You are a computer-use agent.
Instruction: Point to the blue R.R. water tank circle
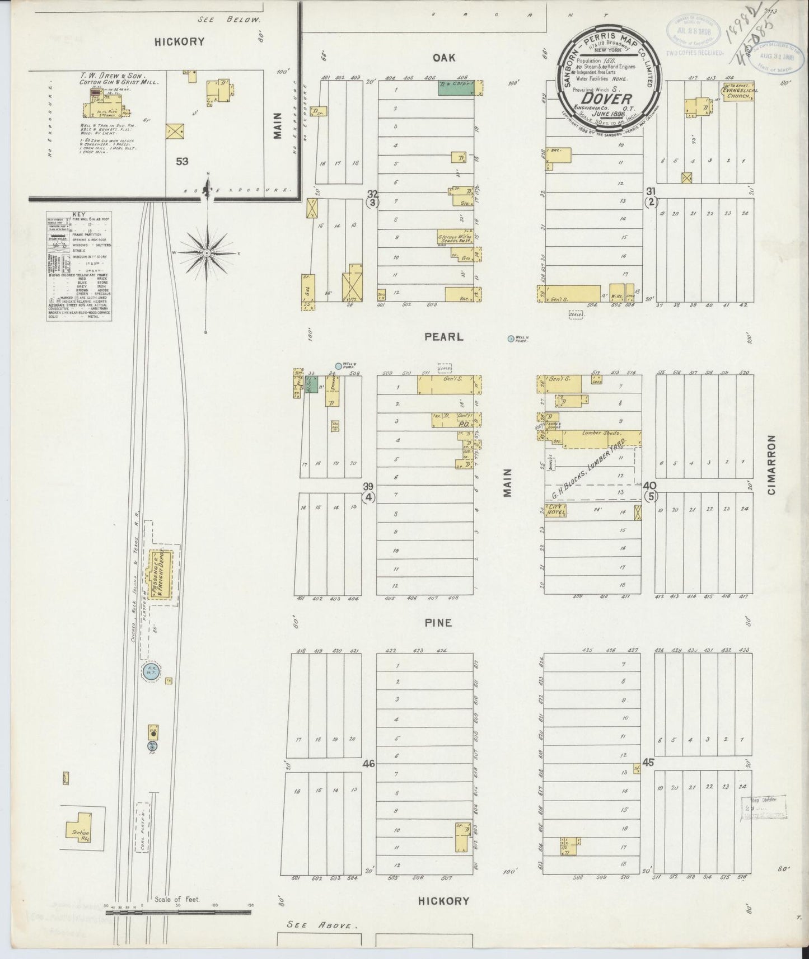149,672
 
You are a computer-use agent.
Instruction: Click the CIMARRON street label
773,466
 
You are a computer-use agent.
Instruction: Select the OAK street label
445,58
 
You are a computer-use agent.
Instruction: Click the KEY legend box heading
79,214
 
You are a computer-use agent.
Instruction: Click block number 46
368,763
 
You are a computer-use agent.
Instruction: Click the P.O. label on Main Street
462,424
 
